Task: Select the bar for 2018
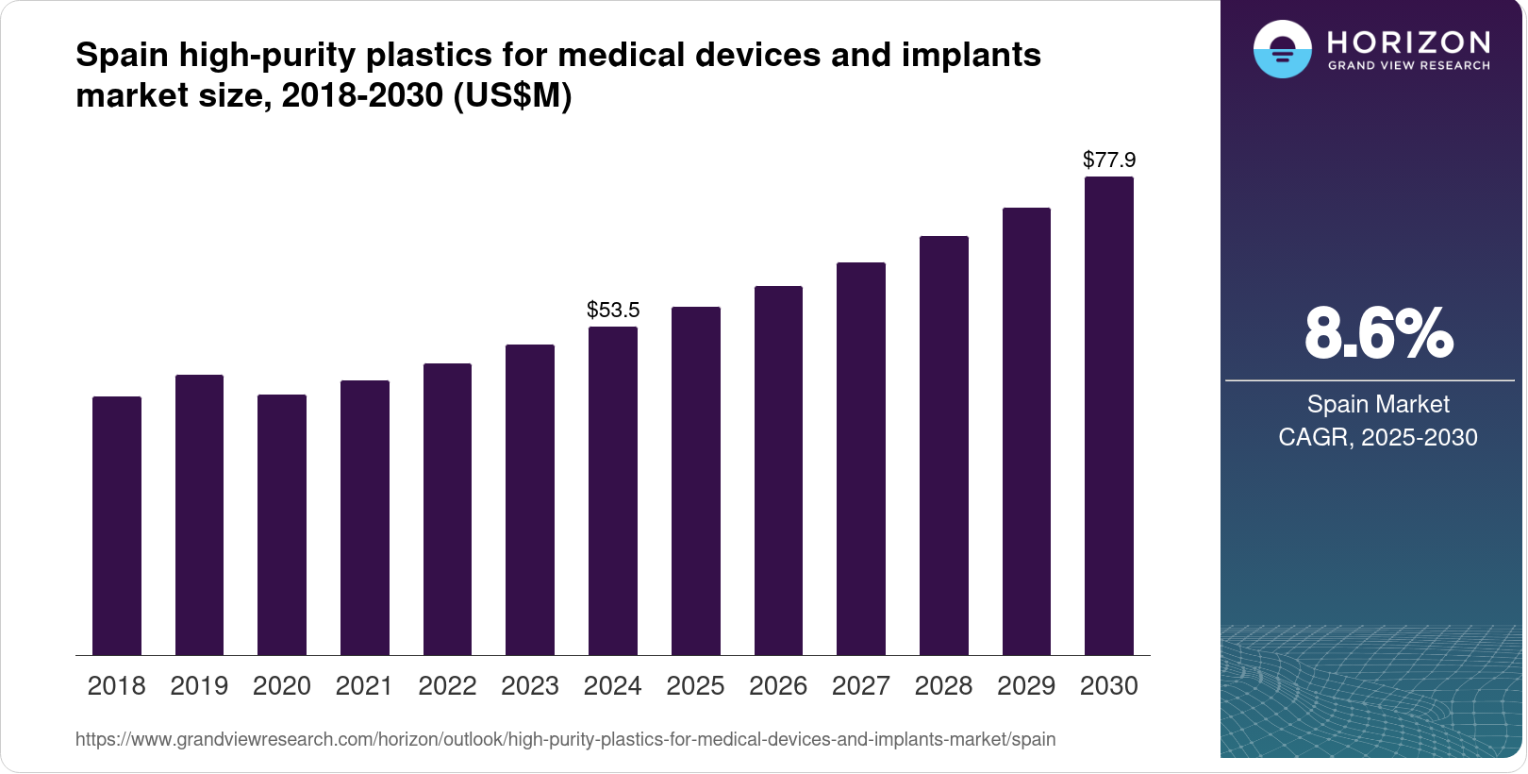pyautogui.click(x=117, y=526)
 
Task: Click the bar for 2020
pyautogui.click(x=282, y=525)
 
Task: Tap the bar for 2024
pyautogui.click(x=613, y=491)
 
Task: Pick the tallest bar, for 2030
pyautogui.click(x=1109, y=415)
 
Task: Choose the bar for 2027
pyautogui.click(x=861, y=459)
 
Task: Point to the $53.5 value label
pyautogui.click(x=613, y=310)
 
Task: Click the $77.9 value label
pyautogui.click(x=1109, y=160)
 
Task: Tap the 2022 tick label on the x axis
pyautogui.click(x=447, y=686)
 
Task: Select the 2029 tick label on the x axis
pyautogui.click(x=1026, y=686)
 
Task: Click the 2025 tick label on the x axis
pyautogui.click(x=695, y=686)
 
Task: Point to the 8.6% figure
pyautogui.click(x=1378, y=333)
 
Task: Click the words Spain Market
pyautogui.click(x=1378, y=404)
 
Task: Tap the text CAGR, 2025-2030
pyautogui.click(x=1378, y=437)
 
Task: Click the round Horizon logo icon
pyautogui.click(x=1282, y=49)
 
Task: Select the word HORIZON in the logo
pyautogui.click(x=1409, y=42)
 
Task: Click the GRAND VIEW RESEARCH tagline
pyautogui.click(x=1409, y=65)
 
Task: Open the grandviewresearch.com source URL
pyautogui.click(x=565, y=739)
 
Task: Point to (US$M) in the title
pyautogui.click(x=512, y=95)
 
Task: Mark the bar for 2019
pyautogui.click(x=199, y=515)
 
